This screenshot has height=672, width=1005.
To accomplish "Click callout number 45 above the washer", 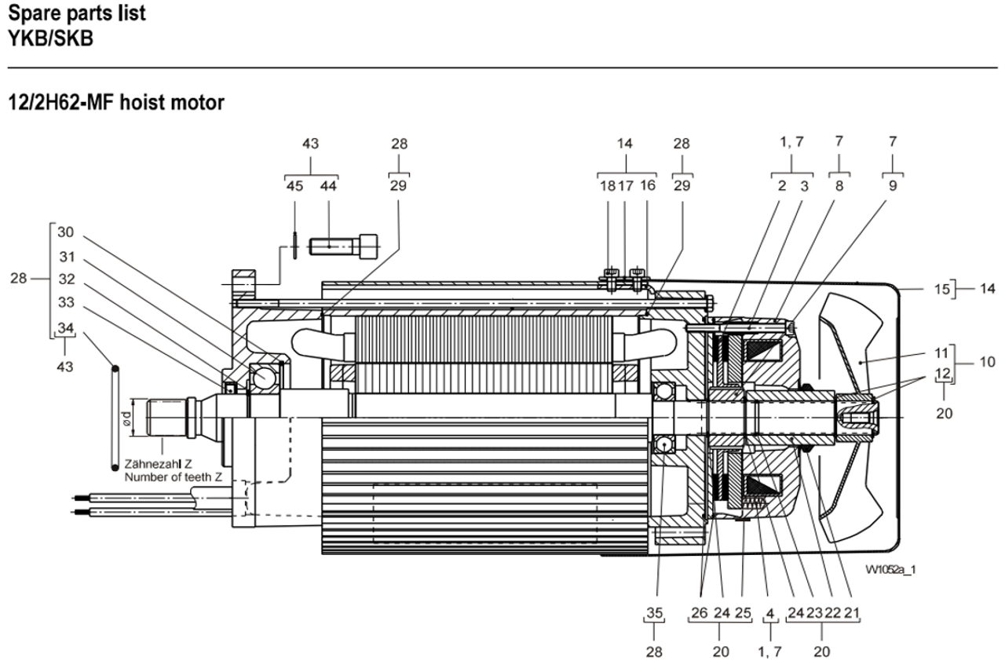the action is [294, 186].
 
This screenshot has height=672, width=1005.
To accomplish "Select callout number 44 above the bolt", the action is [328, 186].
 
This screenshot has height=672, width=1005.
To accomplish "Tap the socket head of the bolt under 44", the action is [368, 247].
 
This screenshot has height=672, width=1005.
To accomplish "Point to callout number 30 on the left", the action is [65, 232].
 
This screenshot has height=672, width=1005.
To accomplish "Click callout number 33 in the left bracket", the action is [67, 303].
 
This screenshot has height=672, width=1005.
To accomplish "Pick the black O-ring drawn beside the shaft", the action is [115, 418].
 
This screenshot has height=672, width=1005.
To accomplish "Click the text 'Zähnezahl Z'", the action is [158, 464].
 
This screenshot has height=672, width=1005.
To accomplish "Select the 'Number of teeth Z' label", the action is [174, 477].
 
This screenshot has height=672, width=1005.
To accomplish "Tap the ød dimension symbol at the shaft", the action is [126, 418].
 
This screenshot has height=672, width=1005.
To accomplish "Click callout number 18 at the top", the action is [608, 186].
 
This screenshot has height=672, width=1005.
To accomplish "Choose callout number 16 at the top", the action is [648, 186].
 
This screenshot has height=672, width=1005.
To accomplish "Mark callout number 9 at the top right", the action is [893, 186].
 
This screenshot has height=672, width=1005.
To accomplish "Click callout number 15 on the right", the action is [941, 290].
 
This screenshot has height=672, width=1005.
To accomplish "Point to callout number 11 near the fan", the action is [941, 353].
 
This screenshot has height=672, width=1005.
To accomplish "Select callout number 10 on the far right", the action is [987, 362].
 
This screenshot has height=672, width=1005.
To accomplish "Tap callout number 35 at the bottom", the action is [655, 613].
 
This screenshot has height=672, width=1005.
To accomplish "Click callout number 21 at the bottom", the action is [852, 613].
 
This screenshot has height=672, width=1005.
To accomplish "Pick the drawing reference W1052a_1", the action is [890, 570].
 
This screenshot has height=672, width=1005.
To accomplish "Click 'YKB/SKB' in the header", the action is [51, 38].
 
